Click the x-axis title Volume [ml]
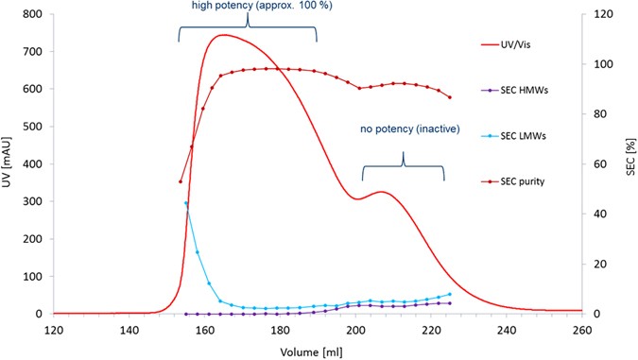(319, 351)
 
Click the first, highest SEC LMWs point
(186, 203)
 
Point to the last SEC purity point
(450, 97)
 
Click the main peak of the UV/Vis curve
(223, 36)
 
